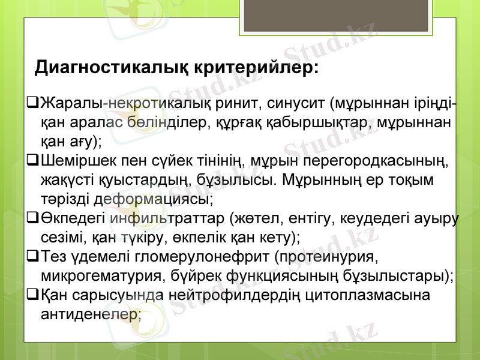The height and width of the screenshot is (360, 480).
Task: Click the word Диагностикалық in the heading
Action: point(112,66)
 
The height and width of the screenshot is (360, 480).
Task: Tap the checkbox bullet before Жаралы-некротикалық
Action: point(33,106)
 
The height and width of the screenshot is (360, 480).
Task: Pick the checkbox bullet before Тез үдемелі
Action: point(33,257)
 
